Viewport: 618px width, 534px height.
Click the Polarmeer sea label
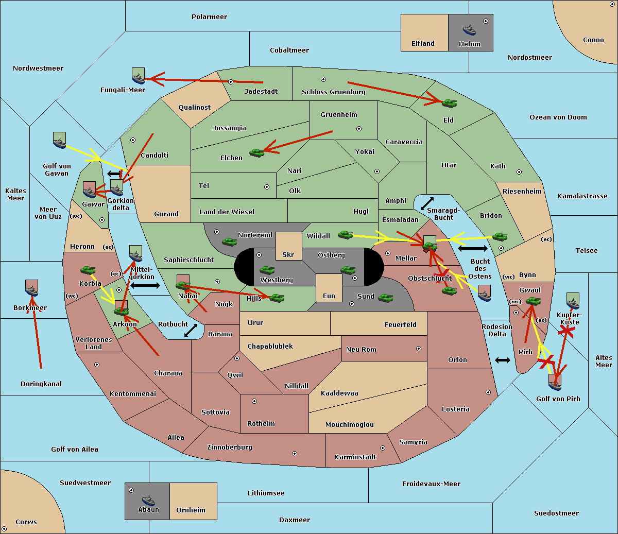(209, 17)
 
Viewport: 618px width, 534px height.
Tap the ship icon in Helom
(469, 29)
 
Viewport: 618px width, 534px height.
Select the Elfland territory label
(423, 44)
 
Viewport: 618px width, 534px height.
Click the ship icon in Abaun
(148, 500)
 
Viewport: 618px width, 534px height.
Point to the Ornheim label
(191, 510)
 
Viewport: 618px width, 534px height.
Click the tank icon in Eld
(450, 104)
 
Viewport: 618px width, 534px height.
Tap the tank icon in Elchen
(256, 152)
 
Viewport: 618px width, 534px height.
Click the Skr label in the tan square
(288, 255)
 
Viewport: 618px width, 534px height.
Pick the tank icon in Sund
(386, 298)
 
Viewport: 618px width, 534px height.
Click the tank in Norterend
(229, 242)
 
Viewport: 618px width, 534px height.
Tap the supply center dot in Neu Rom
(419, 349)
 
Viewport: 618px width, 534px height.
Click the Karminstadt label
(355, 457)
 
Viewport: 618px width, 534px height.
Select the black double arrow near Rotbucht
(191, 331)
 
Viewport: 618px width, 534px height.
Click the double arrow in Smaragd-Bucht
(427, 203)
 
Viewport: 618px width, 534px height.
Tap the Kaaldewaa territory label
(339, 393)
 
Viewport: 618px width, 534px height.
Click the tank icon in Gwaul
(533, 301)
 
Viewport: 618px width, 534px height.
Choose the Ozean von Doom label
(558, 117)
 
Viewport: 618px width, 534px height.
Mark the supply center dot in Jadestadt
(231, 82)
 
